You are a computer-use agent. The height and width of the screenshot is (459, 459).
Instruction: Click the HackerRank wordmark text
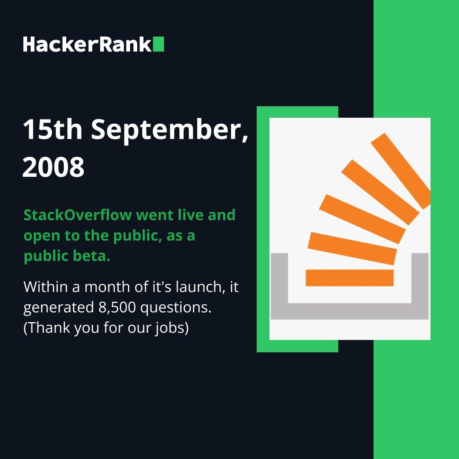[87, 44]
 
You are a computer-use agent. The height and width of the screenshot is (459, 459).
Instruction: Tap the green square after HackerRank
[159, 44]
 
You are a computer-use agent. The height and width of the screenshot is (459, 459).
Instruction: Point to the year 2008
[53, 167]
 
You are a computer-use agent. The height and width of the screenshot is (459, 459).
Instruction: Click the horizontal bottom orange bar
[349, 278]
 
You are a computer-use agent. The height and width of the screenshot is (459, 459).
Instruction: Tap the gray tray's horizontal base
[349, 311]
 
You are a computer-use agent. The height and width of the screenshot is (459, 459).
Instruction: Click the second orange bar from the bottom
[352, 249]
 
